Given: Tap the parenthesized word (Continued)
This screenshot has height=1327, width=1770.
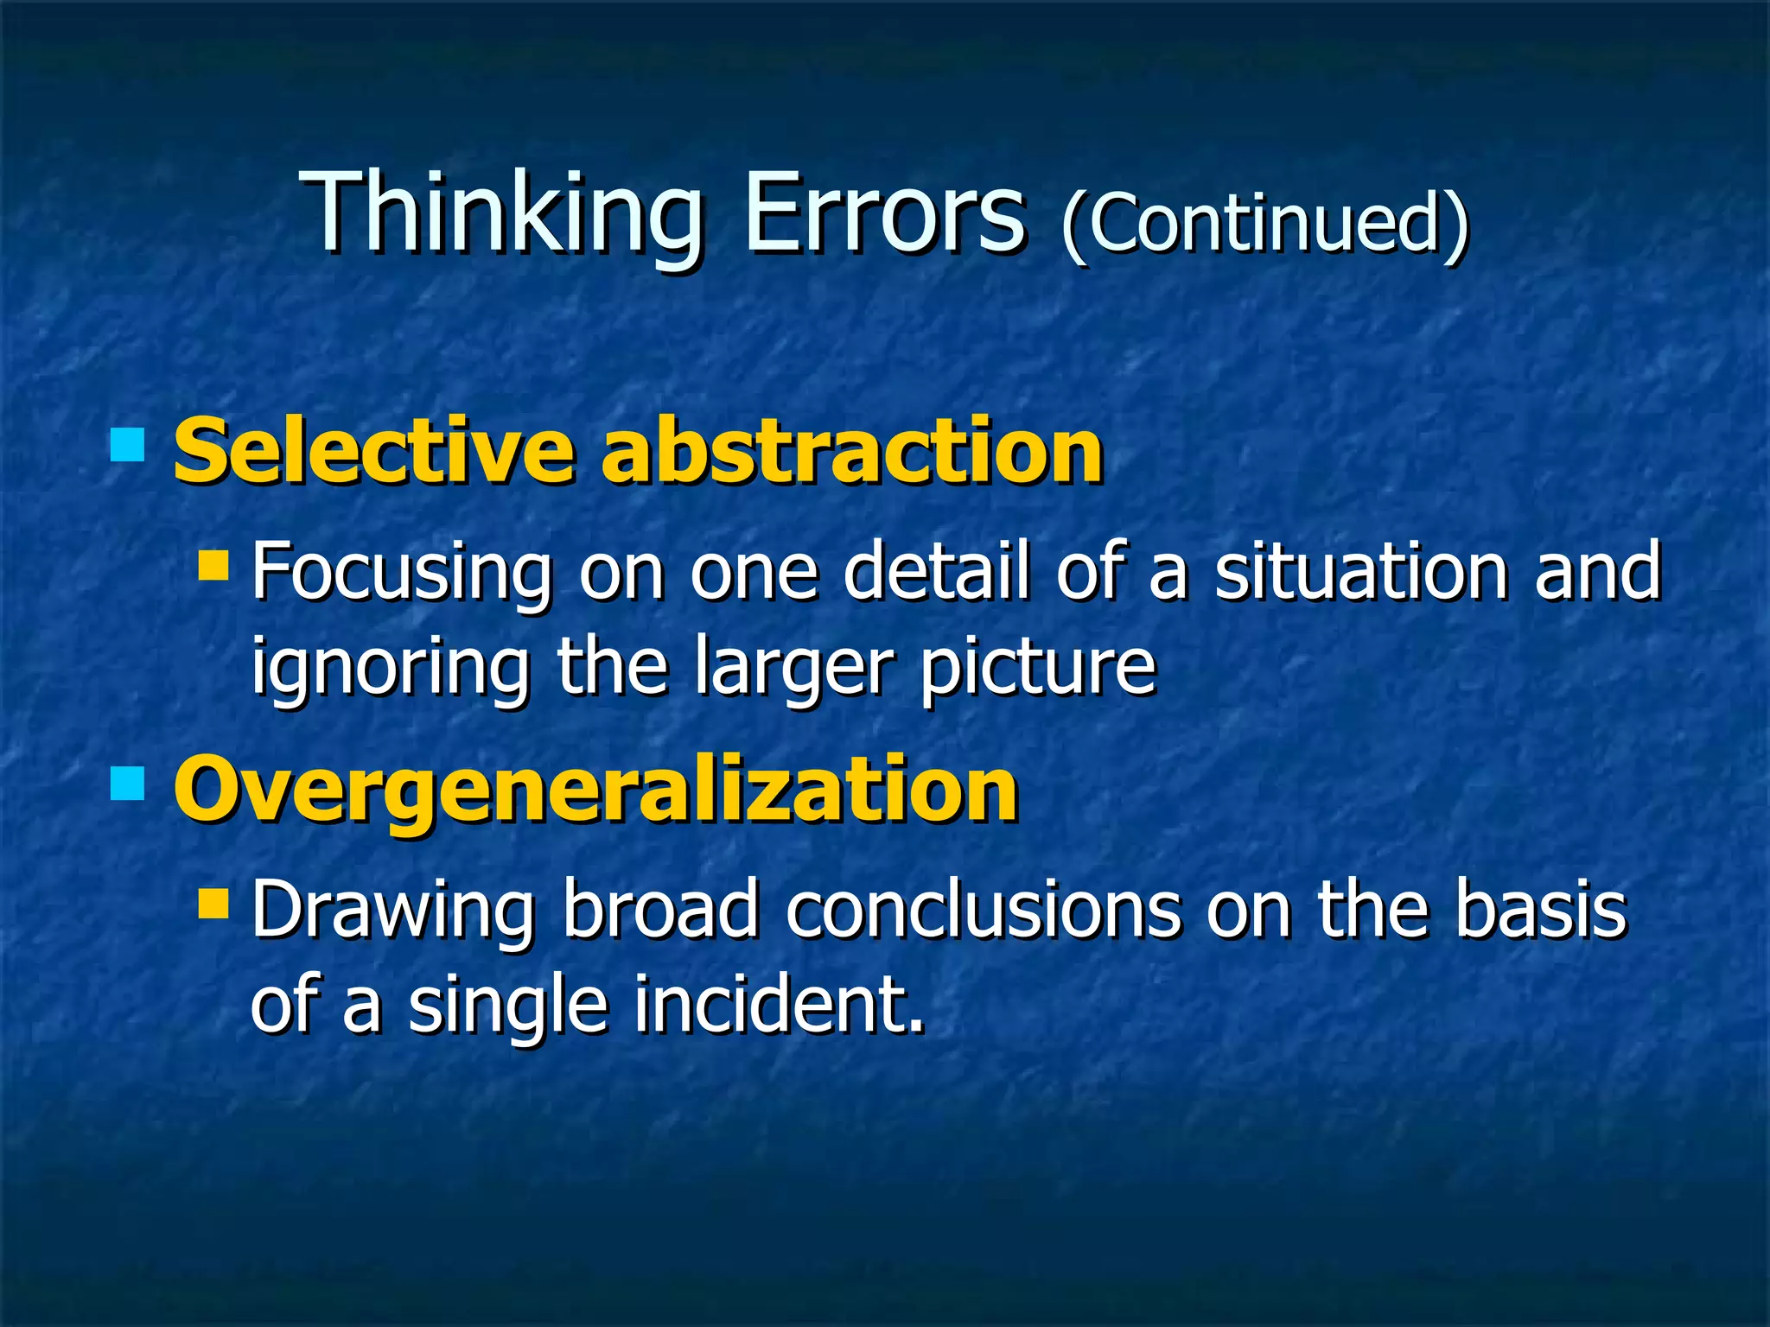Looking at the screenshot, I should click(1264, 223).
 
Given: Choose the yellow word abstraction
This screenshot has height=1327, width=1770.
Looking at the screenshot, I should click(852, 451).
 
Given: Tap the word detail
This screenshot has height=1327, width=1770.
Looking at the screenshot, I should click(937, 571).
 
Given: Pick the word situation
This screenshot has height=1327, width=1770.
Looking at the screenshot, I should click(1361, 571).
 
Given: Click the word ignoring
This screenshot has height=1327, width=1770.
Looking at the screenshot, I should click(390, 667).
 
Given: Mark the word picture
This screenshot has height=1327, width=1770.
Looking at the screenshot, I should click(1037, 667).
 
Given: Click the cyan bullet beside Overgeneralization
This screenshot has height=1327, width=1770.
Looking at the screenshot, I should click(128, 784).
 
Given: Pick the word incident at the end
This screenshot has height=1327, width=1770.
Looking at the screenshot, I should click(778, 1004).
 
